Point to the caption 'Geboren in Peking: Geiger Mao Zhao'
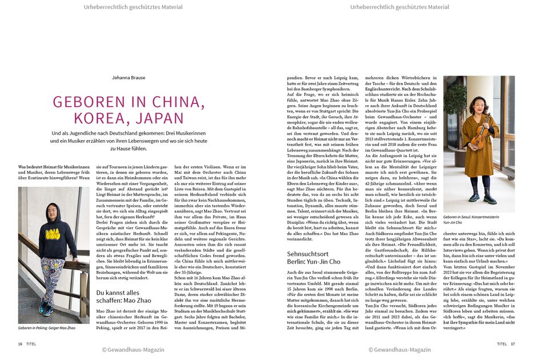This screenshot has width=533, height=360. [47, 328]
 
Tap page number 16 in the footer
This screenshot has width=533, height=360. [20, 344]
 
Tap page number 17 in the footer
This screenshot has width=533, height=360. [512, 344]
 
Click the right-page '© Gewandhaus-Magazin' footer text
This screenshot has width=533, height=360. [399, 350]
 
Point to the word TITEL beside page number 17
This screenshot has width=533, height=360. [502, 344]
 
